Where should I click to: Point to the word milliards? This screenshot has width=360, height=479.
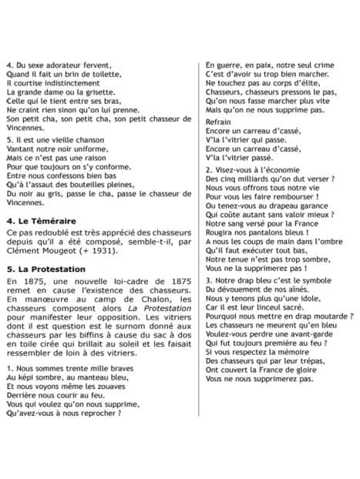(262, 178)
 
